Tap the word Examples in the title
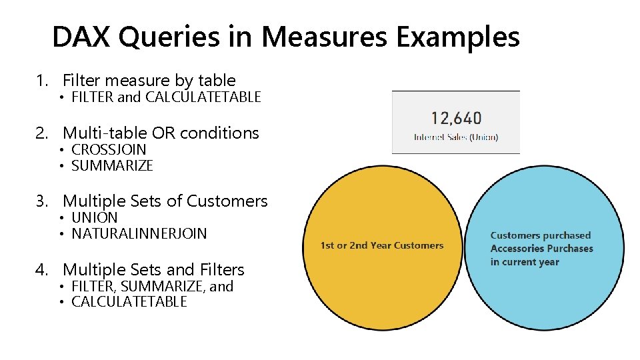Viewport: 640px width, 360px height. pyautogui.click(x=457, y=37)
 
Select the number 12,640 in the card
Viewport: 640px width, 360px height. pyautogui.click(x=456, y=119)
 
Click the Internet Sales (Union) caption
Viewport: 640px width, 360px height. pyautogui.click(x=456, y=137)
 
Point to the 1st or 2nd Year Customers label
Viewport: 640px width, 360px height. pyautogui.click(x=382, y=245)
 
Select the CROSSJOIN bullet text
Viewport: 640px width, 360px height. pyautogui.click(x=109, y=149)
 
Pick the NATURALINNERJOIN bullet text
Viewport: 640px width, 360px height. pyautogui.click(x=139, y=234)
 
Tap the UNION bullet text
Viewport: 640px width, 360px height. pyautogui.click(x=95, y=218)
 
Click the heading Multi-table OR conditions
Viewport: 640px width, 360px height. pyautogui.click(x=161, y=133)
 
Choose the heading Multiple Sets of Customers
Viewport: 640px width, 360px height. pyautogui.click(x=165, y=201)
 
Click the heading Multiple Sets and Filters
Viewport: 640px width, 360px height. pyautogui.click(x=153, y=270)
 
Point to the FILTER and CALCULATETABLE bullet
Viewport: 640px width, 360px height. pyautogui.click(x=165, y=97)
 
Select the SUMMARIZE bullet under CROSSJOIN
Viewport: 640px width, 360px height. pyautogui.click(x=112, y=166)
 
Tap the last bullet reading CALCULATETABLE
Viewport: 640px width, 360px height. pyautogui.click(x=129, y=302)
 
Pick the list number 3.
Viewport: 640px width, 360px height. pyautogui.click(x=42, y=201)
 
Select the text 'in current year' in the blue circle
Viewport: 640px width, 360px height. pyautogui.click(x=525, y=262)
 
